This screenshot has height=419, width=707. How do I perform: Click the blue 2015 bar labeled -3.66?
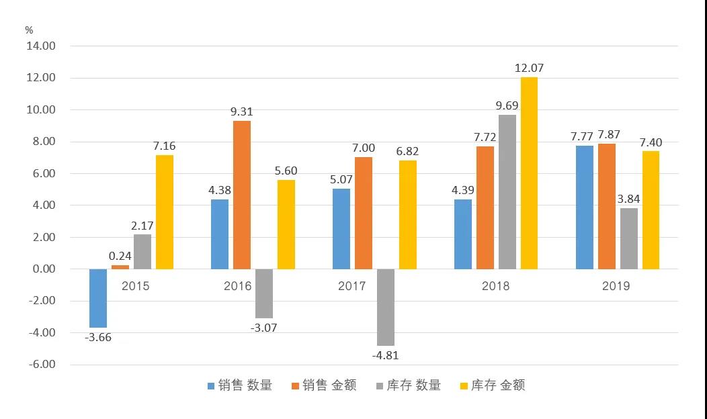pos(98,298)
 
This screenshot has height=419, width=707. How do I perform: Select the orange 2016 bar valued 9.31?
pos(242,195)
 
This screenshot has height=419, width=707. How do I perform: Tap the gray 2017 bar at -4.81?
pos(386,307)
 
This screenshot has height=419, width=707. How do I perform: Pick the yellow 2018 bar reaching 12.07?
pos(529,173)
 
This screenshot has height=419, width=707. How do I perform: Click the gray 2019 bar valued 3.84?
pos(629,238)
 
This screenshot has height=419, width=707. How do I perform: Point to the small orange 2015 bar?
pos(120,267)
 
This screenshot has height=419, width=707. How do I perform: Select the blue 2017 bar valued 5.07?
pos(342,228)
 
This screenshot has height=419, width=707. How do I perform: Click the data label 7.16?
pos(165,146)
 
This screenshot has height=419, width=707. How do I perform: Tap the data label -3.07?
pos(263,328)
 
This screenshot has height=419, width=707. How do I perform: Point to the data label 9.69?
pos(507,105)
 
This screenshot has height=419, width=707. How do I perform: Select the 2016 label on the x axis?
pos(237,286)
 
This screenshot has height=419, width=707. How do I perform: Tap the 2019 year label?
pos(616,286)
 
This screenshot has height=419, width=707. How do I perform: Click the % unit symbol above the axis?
pos(29,30)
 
